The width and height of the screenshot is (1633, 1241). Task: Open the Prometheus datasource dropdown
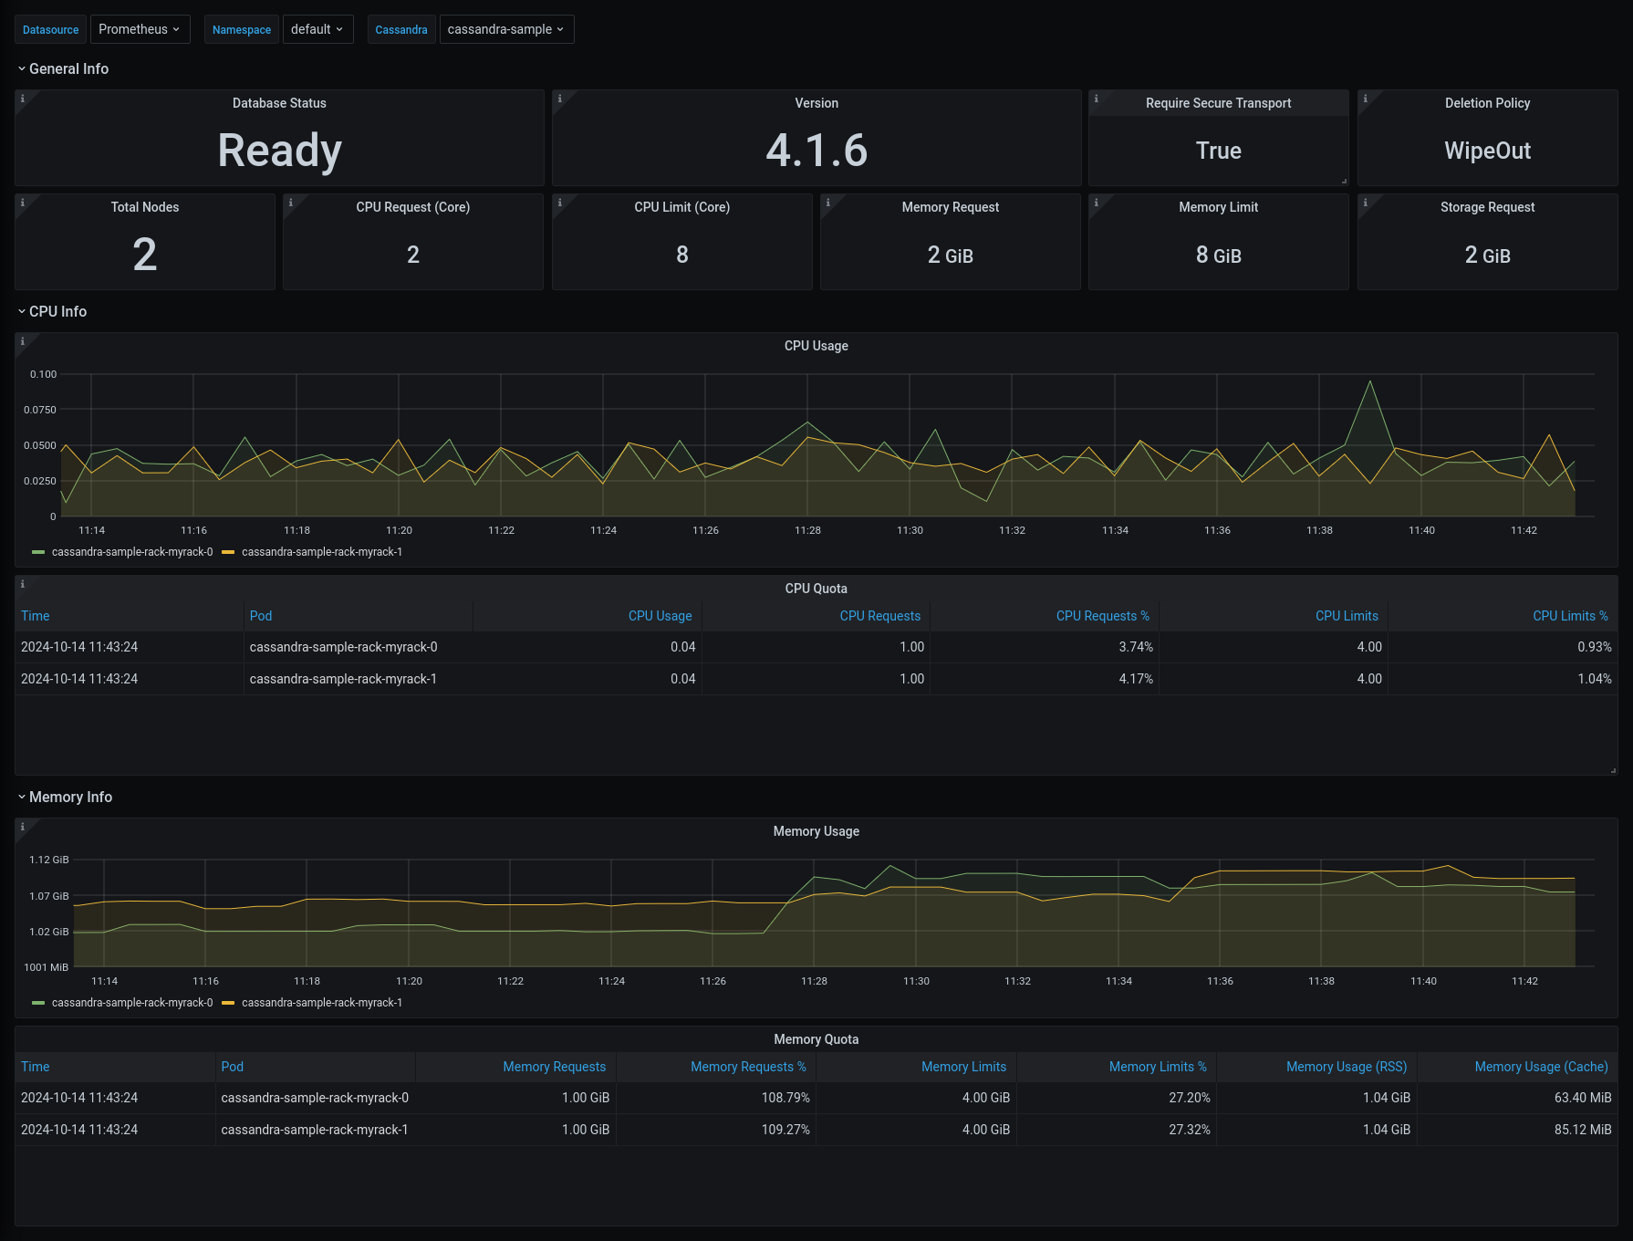point(140,29)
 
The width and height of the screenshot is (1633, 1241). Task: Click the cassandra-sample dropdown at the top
point(506,29)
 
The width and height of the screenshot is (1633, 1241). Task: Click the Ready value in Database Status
point(279,151)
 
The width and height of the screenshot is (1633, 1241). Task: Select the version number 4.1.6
point(816,151)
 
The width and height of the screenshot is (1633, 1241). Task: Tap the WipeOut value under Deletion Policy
point(1487,151)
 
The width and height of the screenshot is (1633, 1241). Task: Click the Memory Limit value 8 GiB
point(1218,255)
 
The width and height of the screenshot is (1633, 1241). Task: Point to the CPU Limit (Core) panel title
point(681,207)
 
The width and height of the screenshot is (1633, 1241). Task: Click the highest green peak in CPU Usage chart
point(1369,382)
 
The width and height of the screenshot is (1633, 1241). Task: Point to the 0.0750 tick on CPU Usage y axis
point(40,410)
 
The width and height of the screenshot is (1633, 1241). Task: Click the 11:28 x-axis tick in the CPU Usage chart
point(807,530)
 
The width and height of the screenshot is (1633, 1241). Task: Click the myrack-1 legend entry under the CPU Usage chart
point(321,552)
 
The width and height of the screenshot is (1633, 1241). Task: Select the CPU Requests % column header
point(1102,616)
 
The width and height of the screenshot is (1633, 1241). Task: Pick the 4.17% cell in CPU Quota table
point(1136,679)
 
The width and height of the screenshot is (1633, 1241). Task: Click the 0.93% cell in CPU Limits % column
point(1594,647)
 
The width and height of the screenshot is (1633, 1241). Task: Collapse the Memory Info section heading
point(70,797)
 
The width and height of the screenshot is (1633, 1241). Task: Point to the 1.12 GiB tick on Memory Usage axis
point(49,860)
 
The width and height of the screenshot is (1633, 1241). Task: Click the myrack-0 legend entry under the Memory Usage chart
point(131,1003)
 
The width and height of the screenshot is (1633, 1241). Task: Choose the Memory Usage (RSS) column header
point(1346,1067)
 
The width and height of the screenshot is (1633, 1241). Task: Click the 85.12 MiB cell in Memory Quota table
point(1582,1130)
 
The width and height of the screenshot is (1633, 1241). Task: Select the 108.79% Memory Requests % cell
point(785,1098)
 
